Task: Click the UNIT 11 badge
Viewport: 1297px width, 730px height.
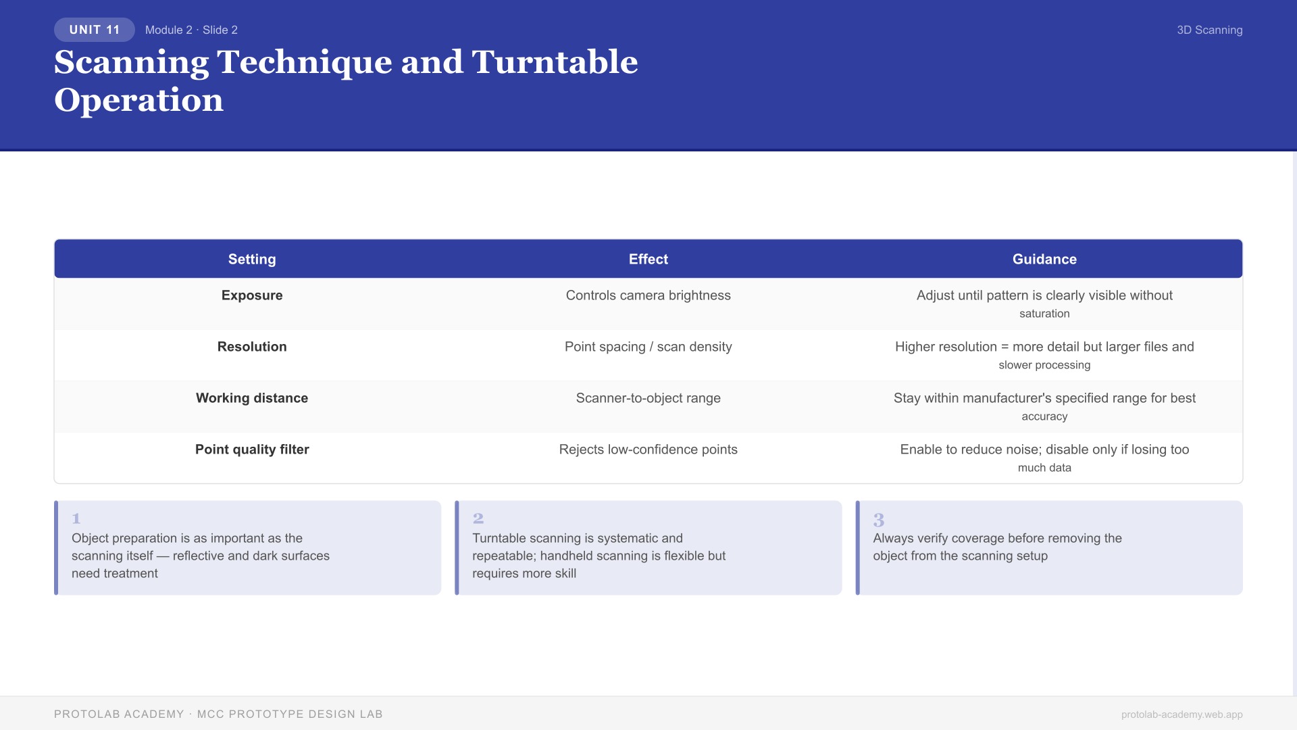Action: click(95, 30)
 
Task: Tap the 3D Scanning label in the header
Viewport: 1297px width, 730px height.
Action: click(1209, 30)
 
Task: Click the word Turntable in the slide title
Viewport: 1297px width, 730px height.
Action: click(555, 62)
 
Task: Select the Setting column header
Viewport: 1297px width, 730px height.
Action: click(252, 259)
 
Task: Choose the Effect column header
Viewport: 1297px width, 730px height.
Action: click(648, 259)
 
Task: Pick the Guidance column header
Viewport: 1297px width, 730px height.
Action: click(1044, 259)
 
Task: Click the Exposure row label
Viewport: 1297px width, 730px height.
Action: click(252, 295)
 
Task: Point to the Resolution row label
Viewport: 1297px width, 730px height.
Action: click(252, 347)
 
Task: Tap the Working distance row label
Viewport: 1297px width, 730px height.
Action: click(252, 398)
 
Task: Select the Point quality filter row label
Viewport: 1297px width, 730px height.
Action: click(252, 449)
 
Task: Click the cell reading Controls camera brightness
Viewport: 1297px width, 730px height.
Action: click(648, 295)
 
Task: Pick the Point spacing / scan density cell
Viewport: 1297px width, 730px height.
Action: click(648, 347)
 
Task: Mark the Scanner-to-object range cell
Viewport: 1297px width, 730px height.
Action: click(648, 398)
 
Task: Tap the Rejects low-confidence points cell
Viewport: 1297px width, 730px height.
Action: click(648, 449)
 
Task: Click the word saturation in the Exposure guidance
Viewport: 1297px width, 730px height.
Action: click(1044, 314)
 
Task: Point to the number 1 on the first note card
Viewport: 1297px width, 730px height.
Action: click(76, 518)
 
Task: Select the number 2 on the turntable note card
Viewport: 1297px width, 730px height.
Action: click(478, 518)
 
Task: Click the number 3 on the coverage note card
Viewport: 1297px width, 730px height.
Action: click(879, 520)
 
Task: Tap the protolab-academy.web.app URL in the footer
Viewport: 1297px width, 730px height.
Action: click(1181, 714)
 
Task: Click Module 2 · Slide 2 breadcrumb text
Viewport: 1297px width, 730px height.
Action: click(191, 30)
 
